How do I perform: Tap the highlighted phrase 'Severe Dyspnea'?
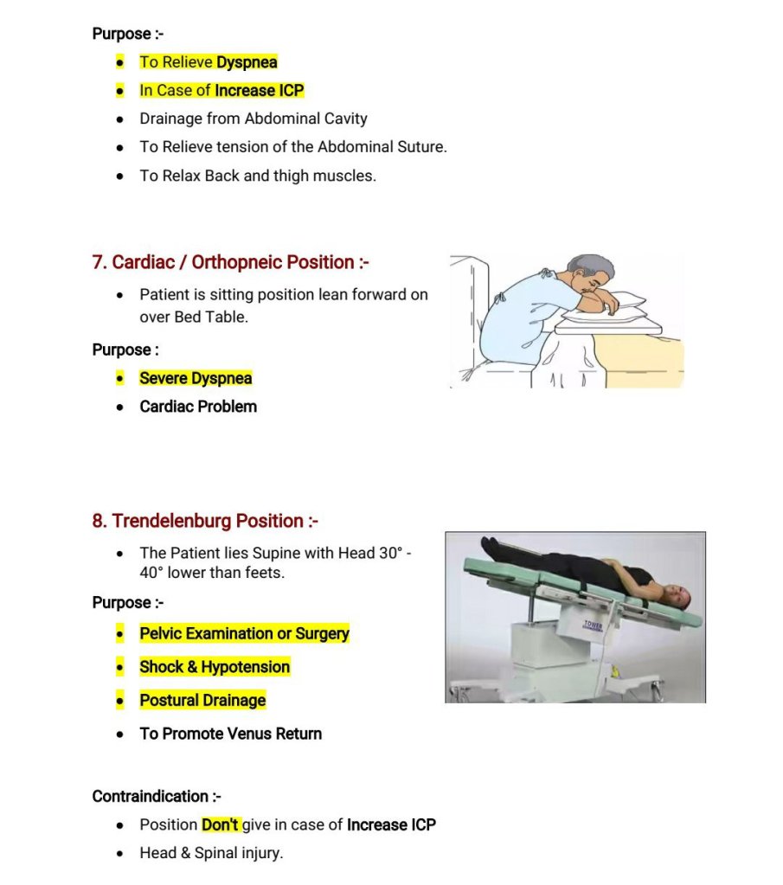pyautogui.click(x=196, y=378)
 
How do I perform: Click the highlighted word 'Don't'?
pyautogui.click(x=220, y=824)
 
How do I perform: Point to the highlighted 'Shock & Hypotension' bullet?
pyautogui.click(x=215, y=667)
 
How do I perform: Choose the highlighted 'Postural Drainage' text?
pyautogui.click(x=202, y=700)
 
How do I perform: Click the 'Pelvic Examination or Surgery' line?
pyautogui.click(x=244, y=633)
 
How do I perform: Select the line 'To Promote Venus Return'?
pyautogui.click(x=230, y=734)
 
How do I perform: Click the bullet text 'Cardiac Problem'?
pyautogui.click(x=198, y=407)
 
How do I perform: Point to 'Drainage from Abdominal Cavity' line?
pyautogui.click(x=254, y=119)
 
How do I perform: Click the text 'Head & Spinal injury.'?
pyautogui.click(x=211, y=853)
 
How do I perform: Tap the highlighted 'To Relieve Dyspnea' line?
pyautogui.click(x=208, y=62)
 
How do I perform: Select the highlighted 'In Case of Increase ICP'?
pyautogui.click(x=221, y=90)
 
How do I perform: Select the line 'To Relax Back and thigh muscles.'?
pyautogui.click(x=258, y=176)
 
